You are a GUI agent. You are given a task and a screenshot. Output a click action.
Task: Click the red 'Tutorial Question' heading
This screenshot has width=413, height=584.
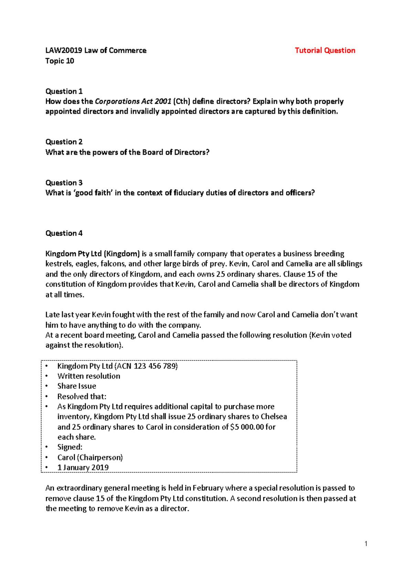pos(325,51)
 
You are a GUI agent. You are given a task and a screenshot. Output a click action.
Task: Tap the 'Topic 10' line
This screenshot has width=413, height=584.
pos(60,61)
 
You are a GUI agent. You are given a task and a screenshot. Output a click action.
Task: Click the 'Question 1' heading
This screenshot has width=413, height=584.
pos(64,91)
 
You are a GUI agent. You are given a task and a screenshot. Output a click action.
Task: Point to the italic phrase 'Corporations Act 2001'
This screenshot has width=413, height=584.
pos(133,102)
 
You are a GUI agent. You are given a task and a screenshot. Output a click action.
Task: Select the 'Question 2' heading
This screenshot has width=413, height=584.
pos(64,142)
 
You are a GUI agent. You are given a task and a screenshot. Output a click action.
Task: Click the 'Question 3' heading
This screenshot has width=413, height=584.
pos(64,183)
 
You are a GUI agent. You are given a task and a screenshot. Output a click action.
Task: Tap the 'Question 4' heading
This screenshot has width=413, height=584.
pos(64,233)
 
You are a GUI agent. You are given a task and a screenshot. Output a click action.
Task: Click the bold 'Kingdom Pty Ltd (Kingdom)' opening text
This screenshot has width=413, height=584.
pos(93,254)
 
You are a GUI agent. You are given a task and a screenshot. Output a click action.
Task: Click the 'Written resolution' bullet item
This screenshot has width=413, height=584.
pos(89,376)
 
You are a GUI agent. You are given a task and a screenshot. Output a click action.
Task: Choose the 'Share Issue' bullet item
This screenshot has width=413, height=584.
pos(77,386)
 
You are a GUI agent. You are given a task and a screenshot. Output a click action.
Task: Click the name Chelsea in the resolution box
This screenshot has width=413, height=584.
pos(274,417)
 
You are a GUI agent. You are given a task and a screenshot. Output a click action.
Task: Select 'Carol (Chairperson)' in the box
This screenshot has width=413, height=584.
pos(90,458)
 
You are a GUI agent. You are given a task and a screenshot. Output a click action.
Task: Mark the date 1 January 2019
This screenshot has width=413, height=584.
pos(83,468)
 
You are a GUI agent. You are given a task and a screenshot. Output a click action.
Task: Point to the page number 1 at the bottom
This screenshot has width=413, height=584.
pos(366,544)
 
